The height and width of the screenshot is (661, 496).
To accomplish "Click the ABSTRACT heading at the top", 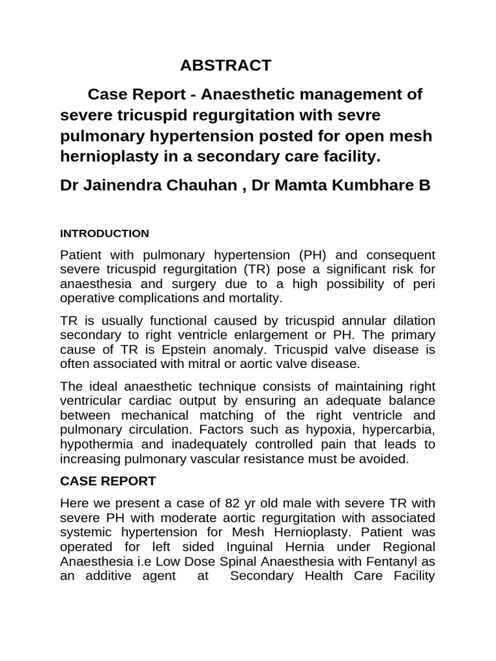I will coord(225,65).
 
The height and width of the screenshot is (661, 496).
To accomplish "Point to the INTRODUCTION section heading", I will coord(104,233).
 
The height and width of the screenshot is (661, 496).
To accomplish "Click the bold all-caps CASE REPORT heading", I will coord(107,481).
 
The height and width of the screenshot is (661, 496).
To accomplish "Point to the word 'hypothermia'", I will coord(93,445).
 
